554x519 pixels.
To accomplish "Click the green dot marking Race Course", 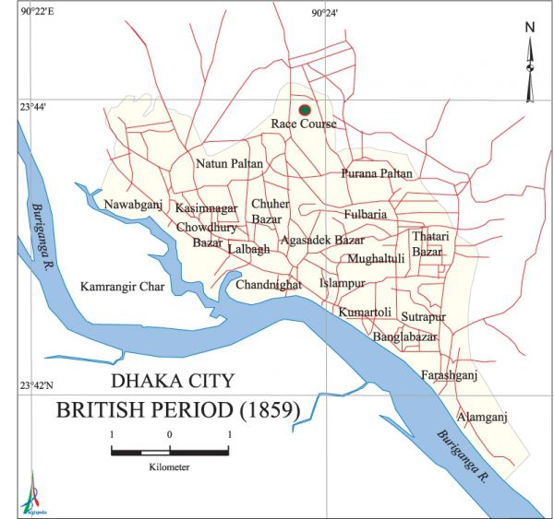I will [x=305, y=110].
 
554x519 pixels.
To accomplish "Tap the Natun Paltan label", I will [x=229, y=164].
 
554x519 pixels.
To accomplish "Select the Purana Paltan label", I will [x=377, y=173].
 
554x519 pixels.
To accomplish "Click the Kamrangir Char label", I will [x=121, y=287].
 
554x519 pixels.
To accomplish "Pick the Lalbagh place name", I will [x=248, y=249].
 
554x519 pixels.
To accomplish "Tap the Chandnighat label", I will [x=269, y=285].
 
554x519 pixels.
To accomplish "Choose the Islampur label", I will [x=343, y=283].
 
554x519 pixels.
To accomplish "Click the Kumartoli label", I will [x=365, y=313].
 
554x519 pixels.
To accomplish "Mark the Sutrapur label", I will [x=423, y=317].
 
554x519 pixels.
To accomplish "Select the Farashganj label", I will [x=449, y=375].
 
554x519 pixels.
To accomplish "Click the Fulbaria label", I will [x=365, y=215].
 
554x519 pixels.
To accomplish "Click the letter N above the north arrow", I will [x=530, y=27].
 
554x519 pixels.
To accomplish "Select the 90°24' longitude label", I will [x=324, y=13].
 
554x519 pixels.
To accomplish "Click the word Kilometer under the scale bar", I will [x=169, y=467].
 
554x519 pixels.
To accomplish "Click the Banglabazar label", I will [x=404, y=337].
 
